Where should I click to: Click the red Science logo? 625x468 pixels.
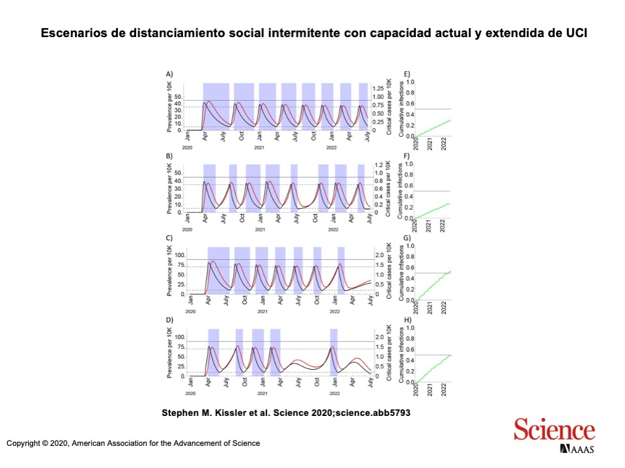(554, 430)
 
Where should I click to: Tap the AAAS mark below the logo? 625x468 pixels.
(576, 449)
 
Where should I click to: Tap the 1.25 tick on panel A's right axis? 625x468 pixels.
(378, 88)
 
